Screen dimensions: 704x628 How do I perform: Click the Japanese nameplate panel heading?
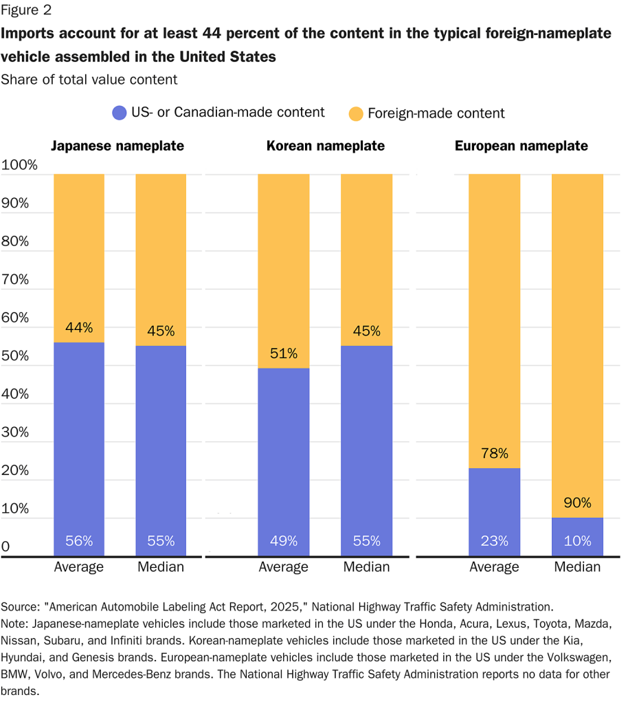117,146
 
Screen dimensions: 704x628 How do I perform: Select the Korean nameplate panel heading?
326,146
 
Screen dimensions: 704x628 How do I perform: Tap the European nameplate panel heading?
522,146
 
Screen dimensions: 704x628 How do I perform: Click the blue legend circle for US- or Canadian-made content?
119,113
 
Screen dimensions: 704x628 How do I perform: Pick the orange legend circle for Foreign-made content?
356,113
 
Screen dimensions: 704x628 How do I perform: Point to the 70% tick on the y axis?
16,280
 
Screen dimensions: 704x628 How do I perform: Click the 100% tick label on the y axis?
19,165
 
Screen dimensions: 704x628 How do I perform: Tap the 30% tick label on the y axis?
16,432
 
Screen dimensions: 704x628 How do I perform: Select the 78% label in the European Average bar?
494,454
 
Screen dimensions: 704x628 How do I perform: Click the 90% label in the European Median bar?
577,503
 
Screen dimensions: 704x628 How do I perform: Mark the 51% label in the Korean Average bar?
284,353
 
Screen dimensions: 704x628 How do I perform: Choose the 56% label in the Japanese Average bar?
79,541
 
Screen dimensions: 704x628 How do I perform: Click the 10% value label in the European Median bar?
577,541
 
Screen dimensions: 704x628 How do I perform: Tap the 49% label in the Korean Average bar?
284,541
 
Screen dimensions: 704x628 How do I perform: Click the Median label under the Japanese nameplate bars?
161,567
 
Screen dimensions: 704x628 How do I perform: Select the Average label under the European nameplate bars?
494,567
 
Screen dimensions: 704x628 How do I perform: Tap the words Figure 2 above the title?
25,10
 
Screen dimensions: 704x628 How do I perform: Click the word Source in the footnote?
20,607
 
